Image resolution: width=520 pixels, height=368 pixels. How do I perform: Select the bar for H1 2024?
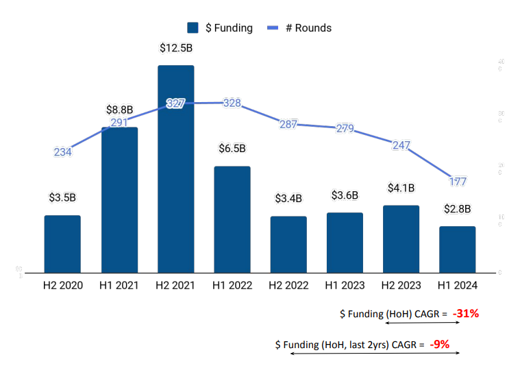click(457, 249)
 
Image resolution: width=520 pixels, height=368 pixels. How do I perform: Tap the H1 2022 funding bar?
click(232, 219)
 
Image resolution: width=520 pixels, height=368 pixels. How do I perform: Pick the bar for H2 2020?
click(62, 244)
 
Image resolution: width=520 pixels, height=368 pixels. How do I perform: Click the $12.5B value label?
click(175, 48)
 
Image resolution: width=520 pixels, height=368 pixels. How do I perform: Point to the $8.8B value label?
click(120, 110)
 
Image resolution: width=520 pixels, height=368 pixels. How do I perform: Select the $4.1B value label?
click(401, 187)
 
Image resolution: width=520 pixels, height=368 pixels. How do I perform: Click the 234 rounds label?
click(62, 152)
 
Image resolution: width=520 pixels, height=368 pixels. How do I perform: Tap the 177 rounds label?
click(458, 182)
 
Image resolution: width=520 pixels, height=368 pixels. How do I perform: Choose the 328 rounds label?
click(232, 103)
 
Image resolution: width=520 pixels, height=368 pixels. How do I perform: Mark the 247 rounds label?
click(401, 145)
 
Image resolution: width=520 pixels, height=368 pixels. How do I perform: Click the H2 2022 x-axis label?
click(288, 285)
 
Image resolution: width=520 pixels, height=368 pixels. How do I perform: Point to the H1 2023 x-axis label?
click(345, 285)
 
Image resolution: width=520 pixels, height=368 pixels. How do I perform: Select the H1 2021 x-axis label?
click(119, 285)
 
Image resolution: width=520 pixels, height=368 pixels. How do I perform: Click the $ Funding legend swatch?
click(193, 28)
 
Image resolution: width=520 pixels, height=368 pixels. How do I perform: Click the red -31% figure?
click(465, 314)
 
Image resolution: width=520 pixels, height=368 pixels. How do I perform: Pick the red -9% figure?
click(439, 344)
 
